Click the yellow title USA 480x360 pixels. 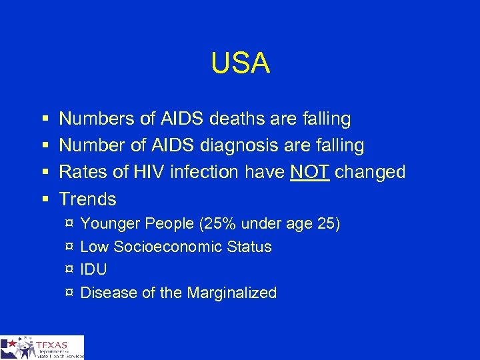(240, 63)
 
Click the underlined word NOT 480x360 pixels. (310, 172)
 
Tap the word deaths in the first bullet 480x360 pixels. (246, 119)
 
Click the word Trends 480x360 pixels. (88, 199)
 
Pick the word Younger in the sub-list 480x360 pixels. (109, 223)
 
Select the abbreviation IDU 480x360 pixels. (93, 269)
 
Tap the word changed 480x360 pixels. (370, 172)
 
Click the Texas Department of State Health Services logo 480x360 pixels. (42, 347)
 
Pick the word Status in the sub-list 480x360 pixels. (249, 247)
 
